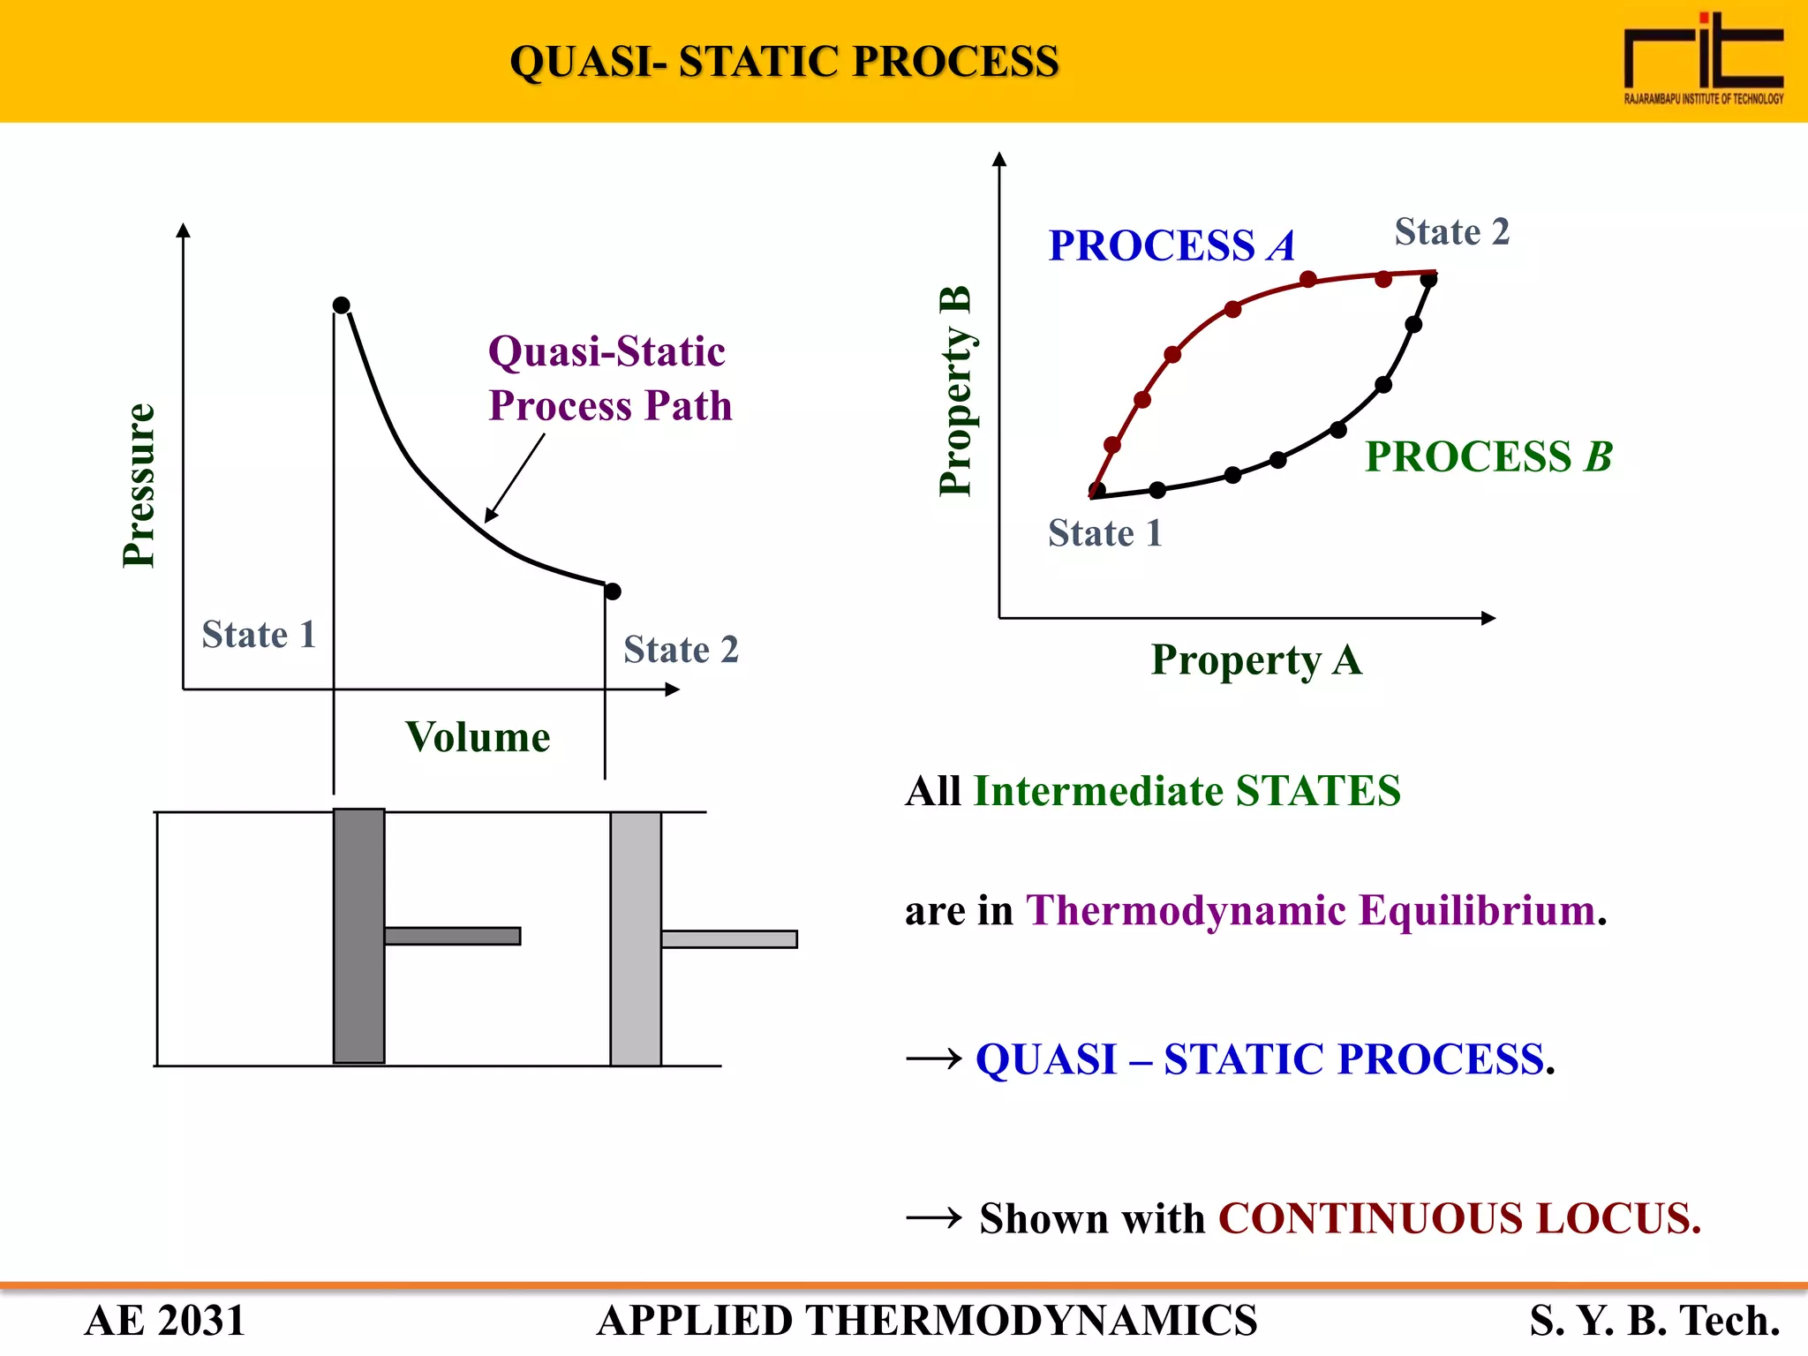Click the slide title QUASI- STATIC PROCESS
click(784, 62)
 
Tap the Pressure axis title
click(139, 485)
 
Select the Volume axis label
click(478, 737)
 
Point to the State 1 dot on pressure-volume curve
click(342, 305)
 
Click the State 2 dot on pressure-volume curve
click(613, 591)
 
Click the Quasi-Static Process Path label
click(610, 378)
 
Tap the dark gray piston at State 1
click(359, 936)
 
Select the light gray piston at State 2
click(636, 938)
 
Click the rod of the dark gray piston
click(452, 936)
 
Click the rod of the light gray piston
click(729, 939)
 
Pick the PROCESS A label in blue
click(1171, 245)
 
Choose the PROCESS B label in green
click(1488, 456)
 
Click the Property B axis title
click(955, 390)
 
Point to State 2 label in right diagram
click(1452, 232)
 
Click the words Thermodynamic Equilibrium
click(1311, 910)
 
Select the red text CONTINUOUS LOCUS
click(1459, 1218)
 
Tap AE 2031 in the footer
click(165, 1321)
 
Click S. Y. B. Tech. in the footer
click(1654, 1321)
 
